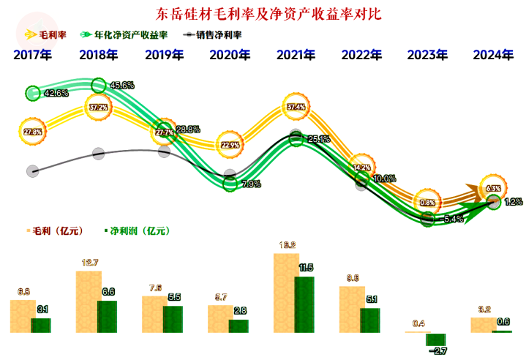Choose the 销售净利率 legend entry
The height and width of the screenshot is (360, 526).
click(216, 34)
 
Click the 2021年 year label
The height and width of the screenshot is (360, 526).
click(296, 55)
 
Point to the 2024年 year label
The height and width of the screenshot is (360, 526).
click(492, 55)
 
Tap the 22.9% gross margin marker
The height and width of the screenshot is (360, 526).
click(230, 145)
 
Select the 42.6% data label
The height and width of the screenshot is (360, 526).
click(56, 94)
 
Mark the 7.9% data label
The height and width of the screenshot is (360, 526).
click(251, 184)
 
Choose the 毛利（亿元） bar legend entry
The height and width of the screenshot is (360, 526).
click(53, 231)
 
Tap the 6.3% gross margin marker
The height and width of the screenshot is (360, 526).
click(492, 188)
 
